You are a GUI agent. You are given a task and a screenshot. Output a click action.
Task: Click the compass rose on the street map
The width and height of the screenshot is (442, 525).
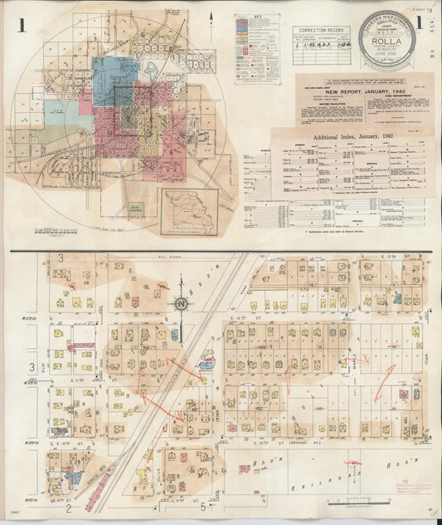pyautogui.click(x=181, y=307)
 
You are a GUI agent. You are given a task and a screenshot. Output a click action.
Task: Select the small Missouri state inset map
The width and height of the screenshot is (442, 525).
pyautogui.click(x=190, y=212)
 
